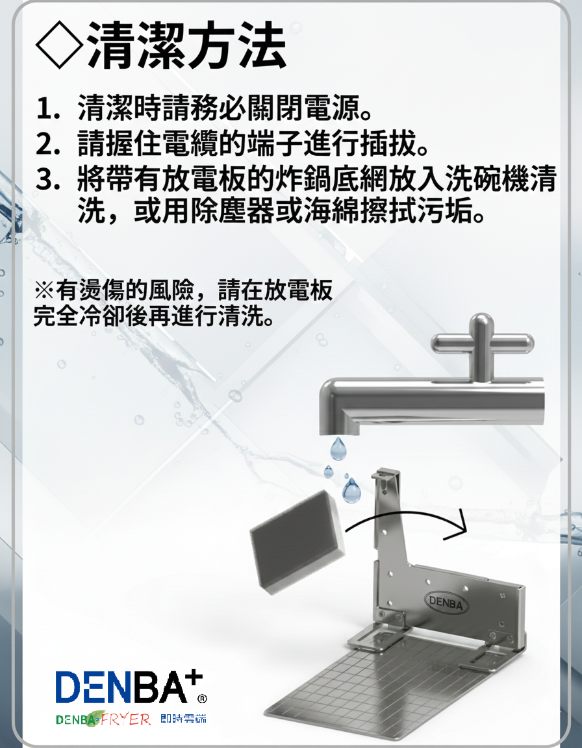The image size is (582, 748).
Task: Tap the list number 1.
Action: [x=47, y=108]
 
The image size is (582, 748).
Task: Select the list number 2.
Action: [x=47, y=143]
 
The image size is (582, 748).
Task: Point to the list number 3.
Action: [x=47, y=179]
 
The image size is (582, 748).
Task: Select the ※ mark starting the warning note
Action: [x=44, y=290]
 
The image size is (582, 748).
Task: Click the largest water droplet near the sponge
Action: [x=351, y=491]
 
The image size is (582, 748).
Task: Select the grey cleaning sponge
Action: [x=297, y=542]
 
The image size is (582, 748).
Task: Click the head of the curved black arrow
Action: [x=457, y=525]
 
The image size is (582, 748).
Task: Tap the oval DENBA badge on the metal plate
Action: [x=446, y=603]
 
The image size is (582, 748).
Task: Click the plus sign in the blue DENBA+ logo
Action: [x=195, y=678]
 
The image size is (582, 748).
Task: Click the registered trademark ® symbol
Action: [x=202, y=699]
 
